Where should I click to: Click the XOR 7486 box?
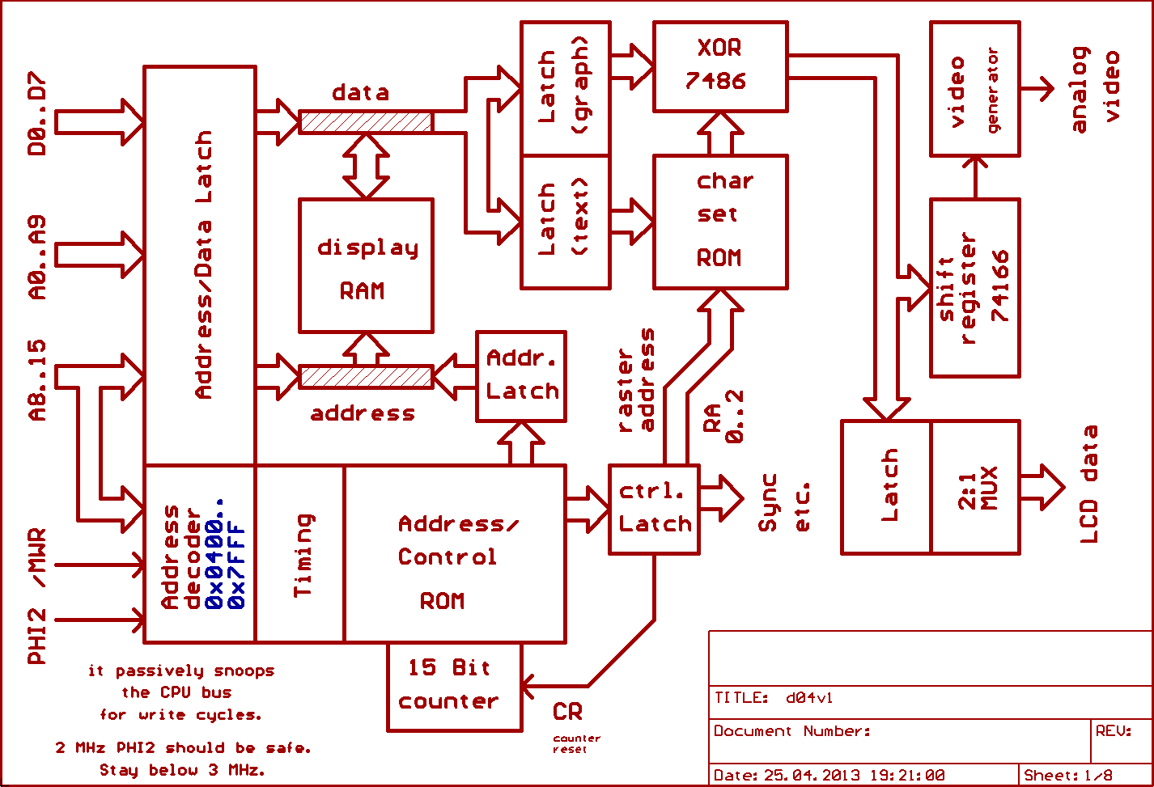(x=719, y=66)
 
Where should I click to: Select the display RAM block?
(x=366, y=265)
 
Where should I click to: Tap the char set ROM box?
(x=719, y=222)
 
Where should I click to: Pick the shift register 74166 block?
(x=974, y=287)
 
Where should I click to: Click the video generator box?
(x=974, y=89)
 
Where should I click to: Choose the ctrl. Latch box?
(x=654, y=509)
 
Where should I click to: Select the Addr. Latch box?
(x=521, y=376)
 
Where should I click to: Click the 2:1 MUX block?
(x=975, y=487)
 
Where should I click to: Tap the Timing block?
(x=300, y=554)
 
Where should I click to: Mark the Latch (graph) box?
(x=565, y=88)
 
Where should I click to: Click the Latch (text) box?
(x=565, y=222)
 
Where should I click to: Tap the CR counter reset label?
(x=568, y=712)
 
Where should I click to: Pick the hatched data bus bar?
(x=366, y=121)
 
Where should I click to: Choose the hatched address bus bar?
(x=366, y=376)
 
